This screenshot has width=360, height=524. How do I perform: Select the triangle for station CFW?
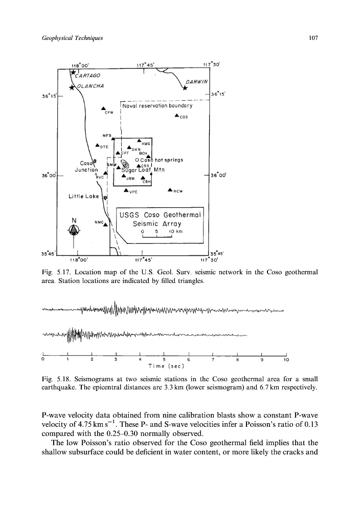pyautogui.click(x=103, y=108)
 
